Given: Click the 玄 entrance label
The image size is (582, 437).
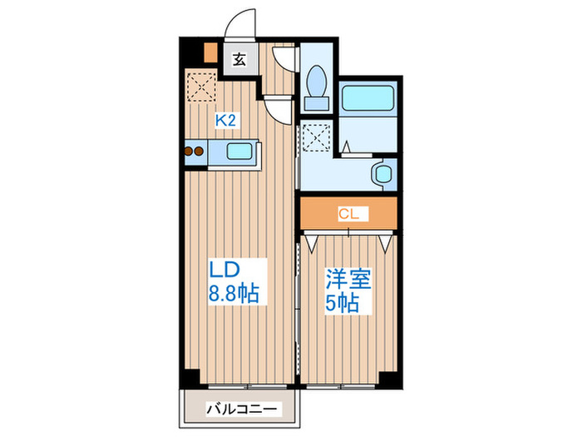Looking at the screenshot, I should pos(239,59).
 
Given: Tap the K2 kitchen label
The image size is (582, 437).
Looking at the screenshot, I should pos(227,121).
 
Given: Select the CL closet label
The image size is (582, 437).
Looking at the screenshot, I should pos(349,213).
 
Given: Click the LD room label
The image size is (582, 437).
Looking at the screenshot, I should pos(224,270).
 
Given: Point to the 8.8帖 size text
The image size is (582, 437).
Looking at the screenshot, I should pos(232,294).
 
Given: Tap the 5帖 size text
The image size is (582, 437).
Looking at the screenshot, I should pos(343,303).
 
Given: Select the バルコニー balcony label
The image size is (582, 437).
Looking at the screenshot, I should pos(240,410).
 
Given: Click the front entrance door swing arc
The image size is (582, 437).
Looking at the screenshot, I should pos(242,25).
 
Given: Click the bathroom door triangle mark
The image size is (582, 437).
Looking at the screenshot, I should pos(348,148).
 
